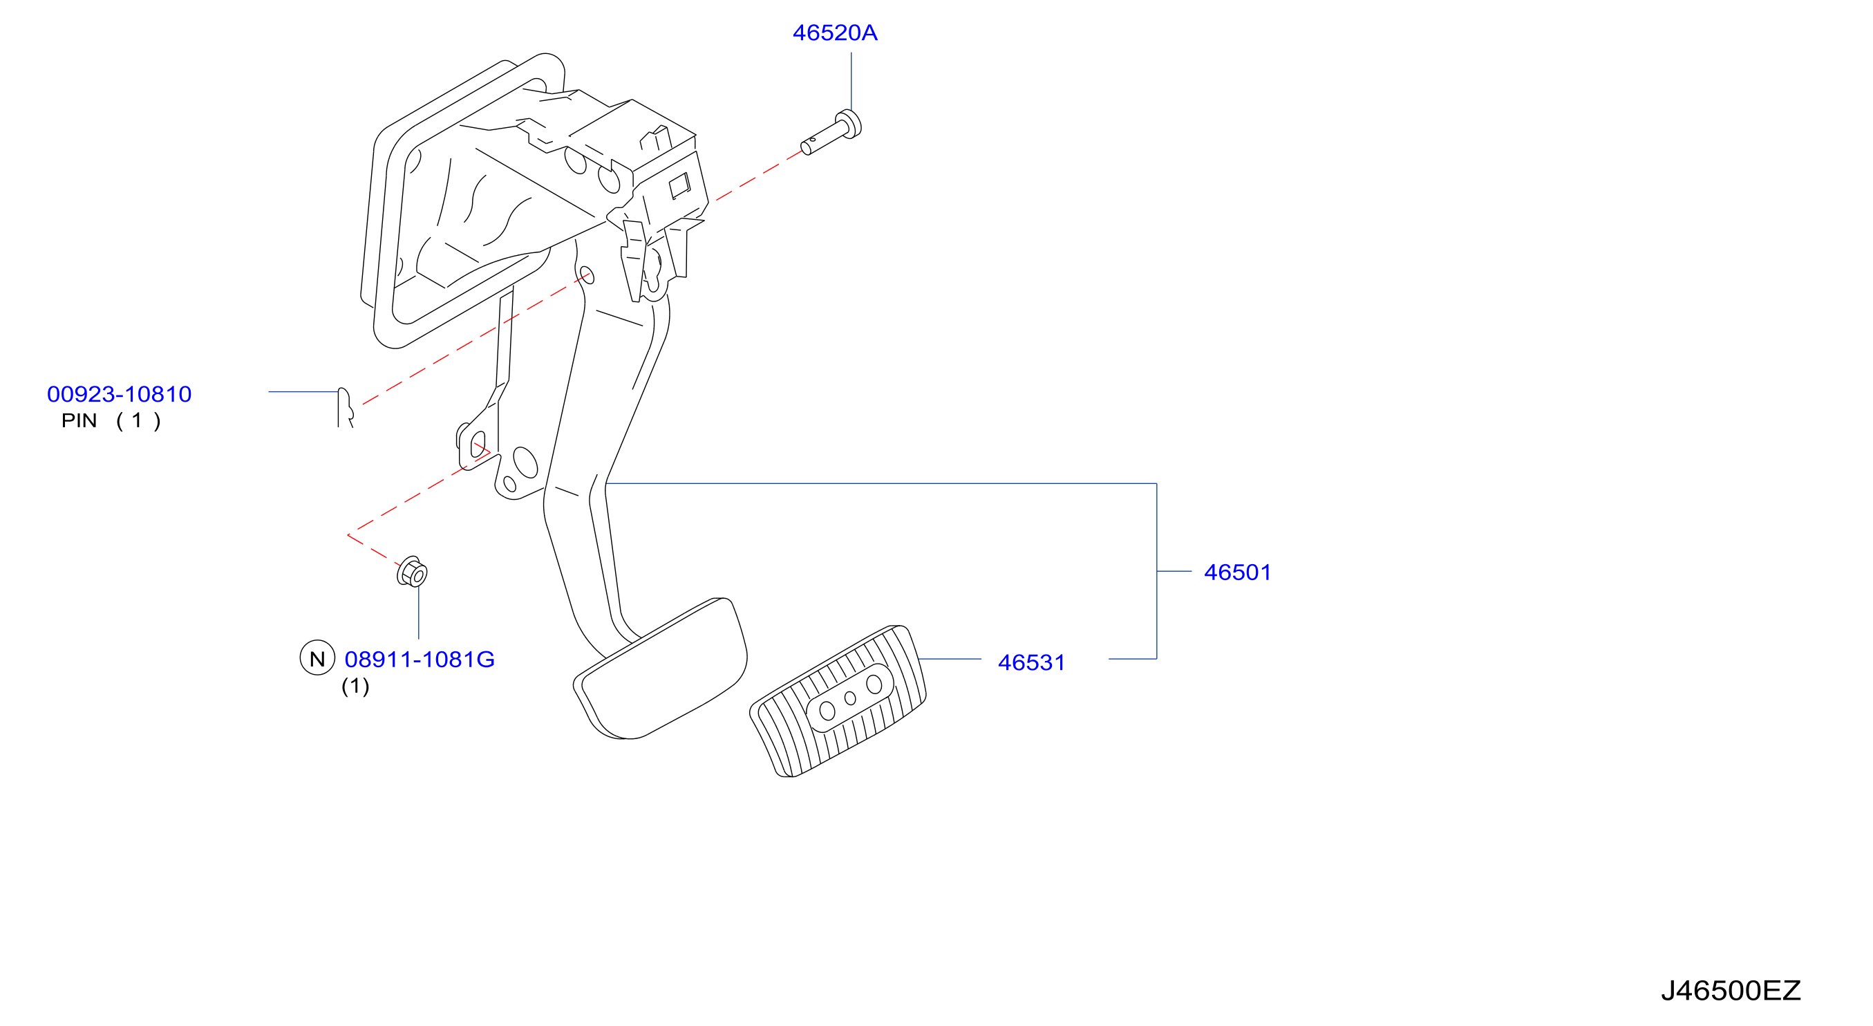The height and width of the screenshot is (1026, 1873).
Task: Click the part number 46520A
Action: pyautogui.click(x=835, y=32)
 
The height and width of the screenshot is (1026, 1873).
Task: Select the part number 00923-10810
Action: pyautogui.click(x=120, y=394)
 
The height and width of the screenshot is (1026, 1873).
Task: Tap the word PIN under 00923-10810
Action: pyautogui.click(x=79, y=420)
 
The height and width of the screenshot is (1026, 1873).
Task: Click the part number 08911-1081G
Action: pyautogui.click(x=420, y=660)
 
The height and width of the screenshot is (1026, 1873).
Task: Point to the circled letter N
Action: pyautogui.click(x=317, y=658)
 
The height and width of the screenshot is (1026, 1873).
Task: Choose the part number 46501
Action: pyautogui.click(x=1238, y=572)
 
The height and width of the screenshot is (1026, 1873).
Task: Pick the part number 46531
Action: pyautogui.click(x=1031, y=662)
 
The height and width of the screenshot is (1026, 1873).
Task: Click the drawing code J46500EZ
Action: pyautogui.click(x=1731, y=990)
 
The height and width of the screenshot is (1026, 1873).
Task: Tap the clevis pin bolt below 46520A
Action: pyautogui.click(x=831, y=132)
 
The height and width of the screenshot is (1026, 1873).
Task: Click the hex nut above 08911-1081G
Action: pyautogui.click(x=412, y=572)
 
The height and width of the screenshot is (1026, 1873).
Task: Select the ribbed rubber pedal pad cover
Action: pyautogui.click(x=838, y=701)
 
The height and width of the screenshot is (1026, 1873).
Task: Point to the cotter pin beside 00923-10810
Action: pyautogui.click(x=346, y=407)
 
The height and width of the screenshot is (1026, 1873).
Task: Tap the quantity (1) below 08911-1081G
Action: pyautogui.click(x=355, y=686)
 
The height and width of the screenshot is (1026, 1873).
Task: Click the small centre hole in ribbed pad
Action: pyautogui.click(x=850, y=699)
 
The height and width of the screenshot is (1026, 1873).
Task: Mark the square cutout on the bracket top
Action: pyautogui.click(x=679, y=185)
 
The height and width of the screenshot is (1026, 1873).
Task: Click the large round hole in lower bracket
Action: pyautogui.click(x=525, y=463)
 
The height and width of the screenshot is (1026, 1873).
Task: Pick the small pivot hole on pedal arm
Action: pyautogui.click(x=587, y=276)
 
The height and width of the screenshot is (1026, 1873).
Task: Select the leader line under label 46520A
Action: pyautogui.click(x=851, y=82)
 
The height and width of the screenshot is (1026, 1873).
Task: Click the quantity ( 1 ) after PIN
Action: pyautogui.click(x=138, y=420)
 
